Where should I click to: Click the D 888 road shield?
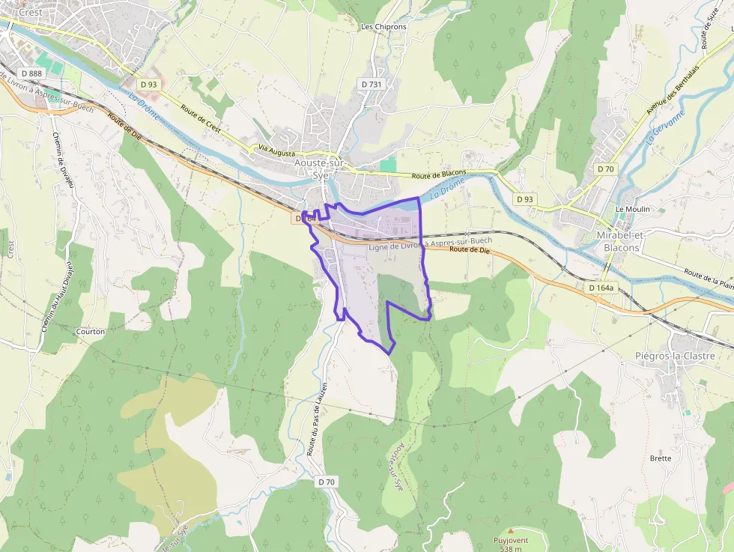pyautogui.click(x=32, y=73)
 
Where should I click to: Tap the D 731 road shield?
pyautogui.click(x=371, y=85)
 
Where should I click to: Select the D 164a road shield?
pyautogui.click(x=601, y=288)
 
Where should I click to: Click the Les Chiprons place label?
pyautogui.click(x=383, y=27)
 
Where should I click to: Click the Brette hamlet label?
pyautogui.click(x=661, y=458)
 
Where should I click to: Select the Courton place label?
pyautogui.click(x=91, y=330)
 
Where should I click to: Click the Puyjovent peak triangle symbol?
pyautogui.click(x=511, y=530)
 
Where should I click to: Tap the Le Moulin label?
pyautogui.click(x=632, y=209)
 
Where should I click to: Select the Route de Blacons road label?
pyautogui.click(x=439, y=174)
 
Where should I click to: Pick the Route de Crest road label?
pyautogui.click(x=201, y=118)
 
